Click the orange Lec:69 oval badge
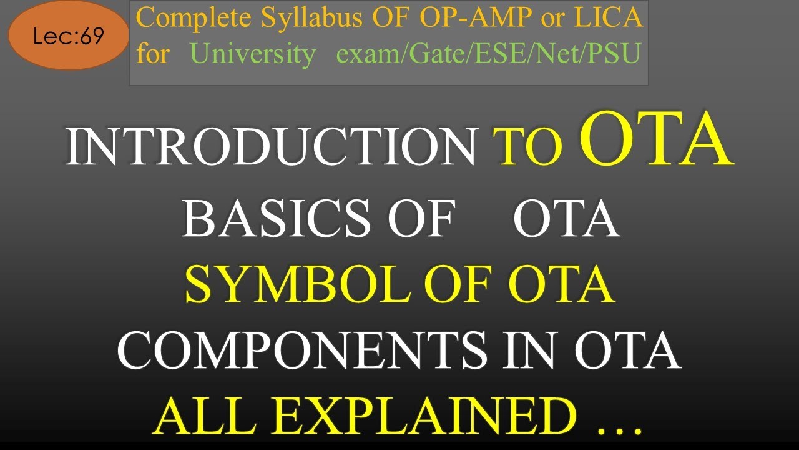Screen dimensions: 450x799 pyautogui.click(x=68, y=37)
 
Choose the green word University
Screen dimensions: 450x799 pyautogui.click(x=253, y=54)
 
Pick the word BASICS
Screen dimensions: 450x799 pyautogui.click(x=272, y=220)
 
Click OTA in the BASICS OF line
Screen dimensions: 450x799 pyautogui.click(x=566, y=220)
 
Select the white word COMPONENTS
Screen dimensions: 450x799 pyautogui.click(x=301, y=349)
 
